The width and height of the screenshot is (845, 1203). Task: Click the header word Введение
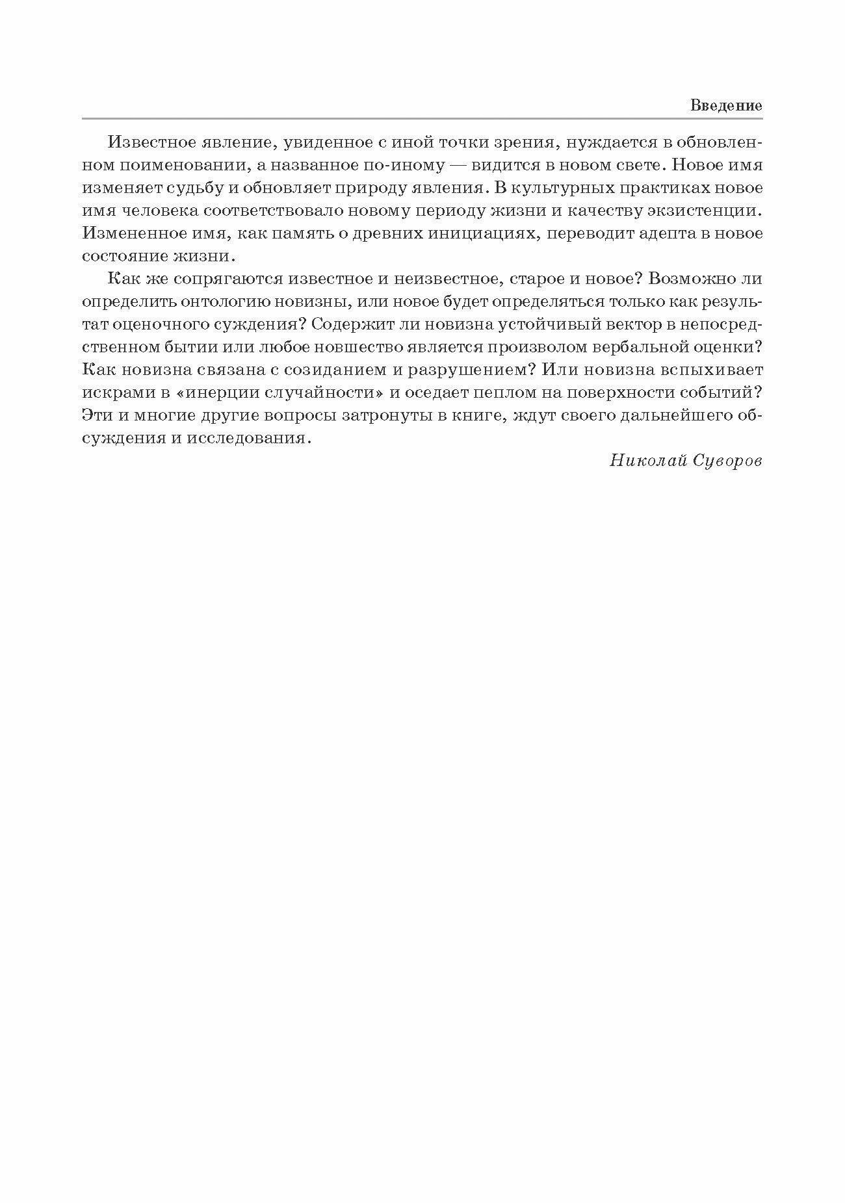[726, 105]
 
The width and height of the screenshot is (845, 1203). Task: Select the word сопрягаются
[231, 279]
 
